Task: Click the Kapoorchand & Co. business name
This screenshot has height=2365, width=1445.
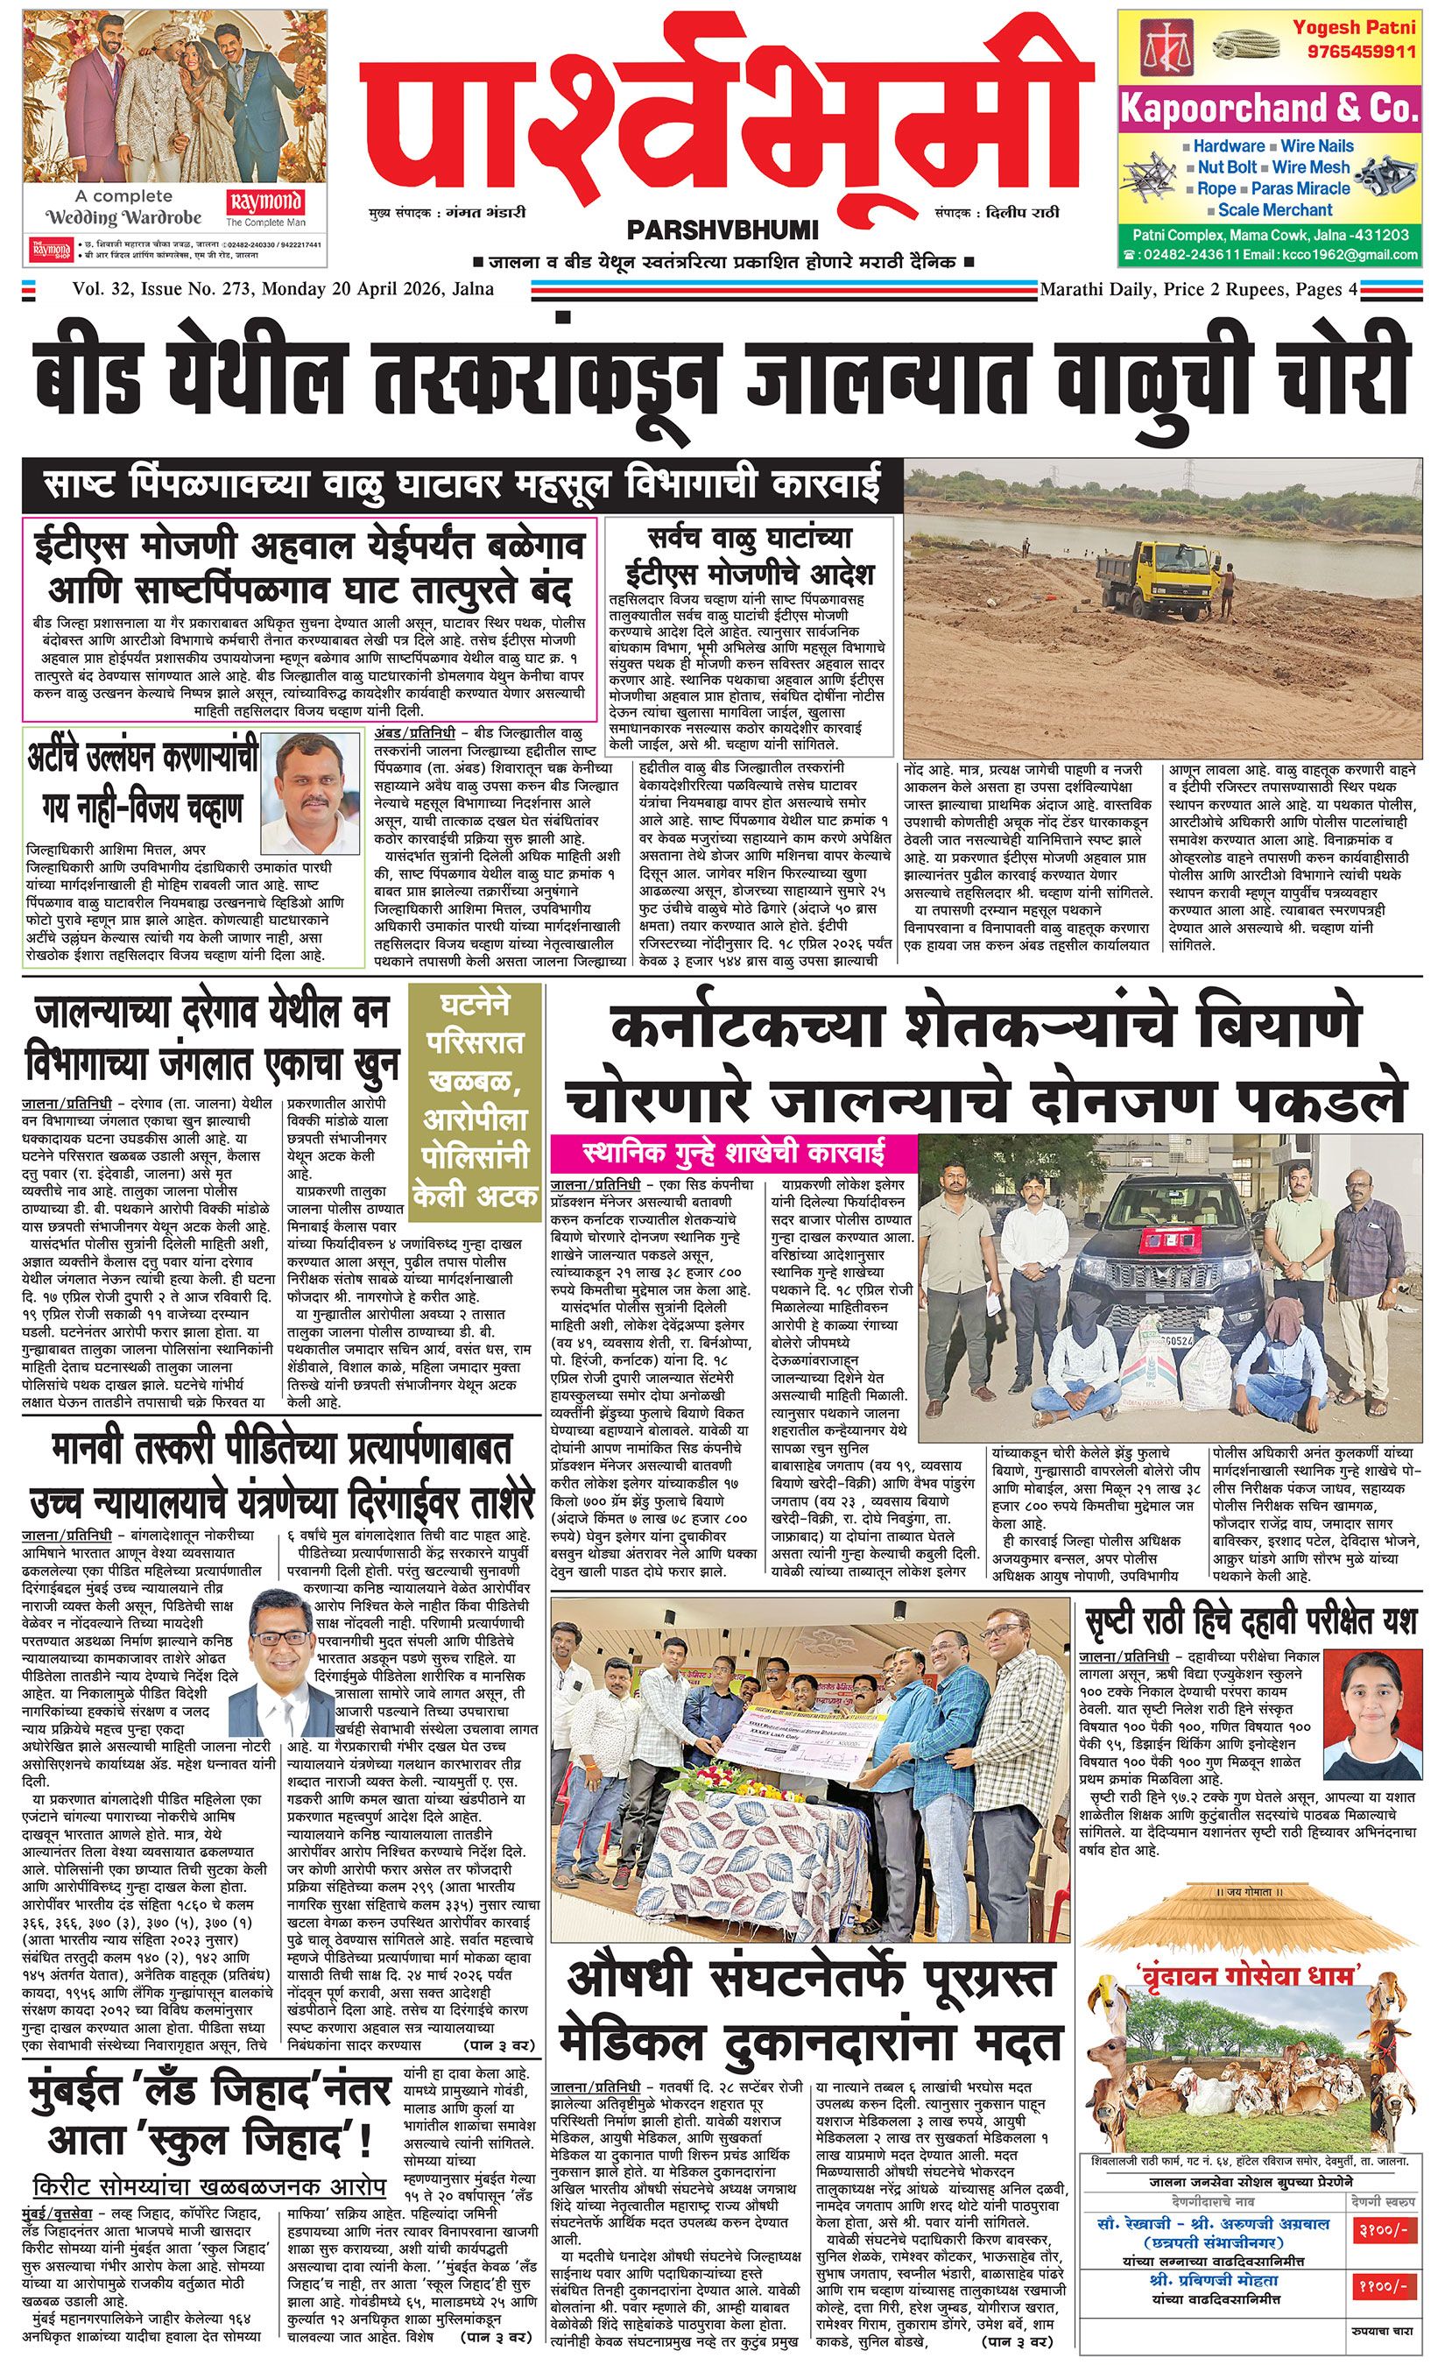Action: click(x=1267, y=109)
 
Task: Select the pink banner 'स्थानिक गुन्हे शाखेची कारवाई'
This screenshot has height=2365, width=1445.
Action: click(x=733, y=1153)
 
